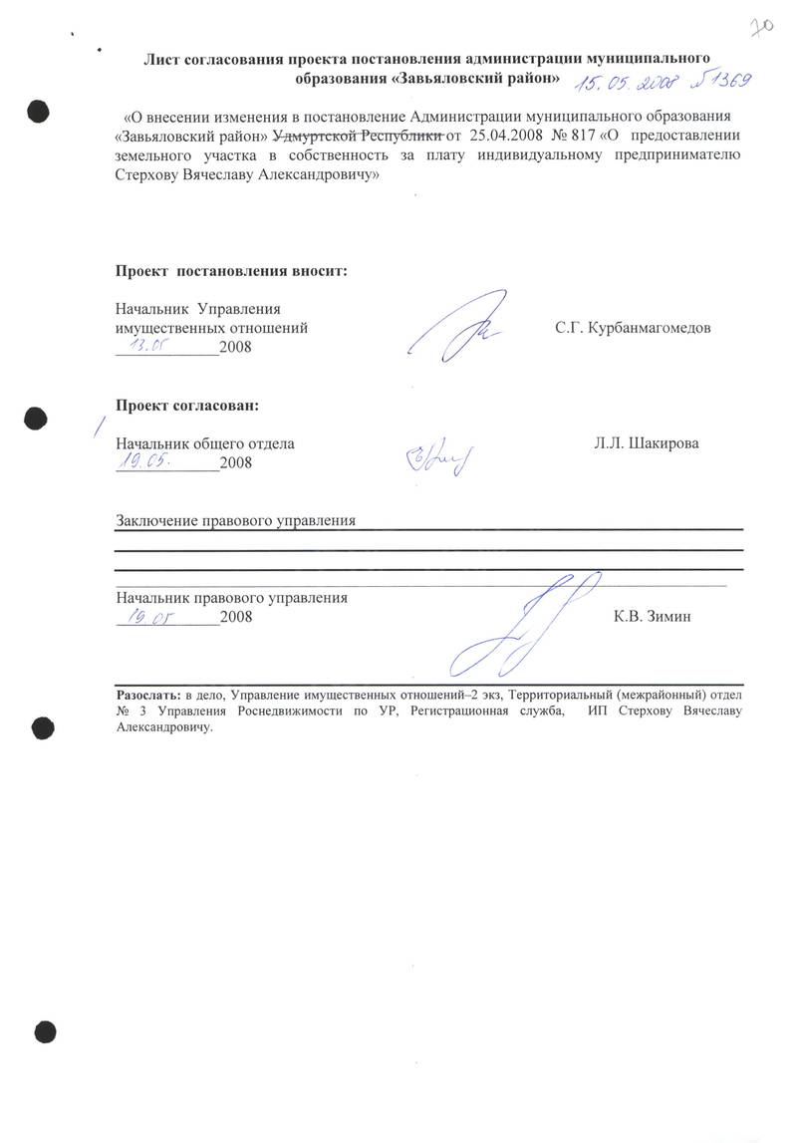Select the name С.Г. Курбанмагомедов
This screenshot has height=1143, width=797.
point(633,328)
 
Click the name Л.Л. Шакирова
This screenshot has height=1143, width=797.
point(646,443)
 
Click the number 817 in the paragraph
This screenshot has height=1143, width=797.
point(588,135)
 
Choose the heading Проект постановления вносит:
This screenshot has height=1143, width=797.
point(231,270)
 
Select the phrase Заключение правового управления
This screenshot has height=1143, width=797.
point(235,520)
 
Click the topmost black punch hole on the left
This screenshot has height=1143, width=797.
point(39,109)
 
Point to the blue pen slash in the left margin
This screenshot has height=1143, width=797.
point(97,426)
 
